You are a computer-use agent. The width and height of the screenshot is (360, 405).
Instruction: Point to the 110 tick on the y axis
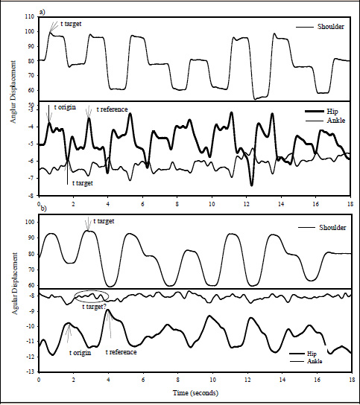[x=29, y=16]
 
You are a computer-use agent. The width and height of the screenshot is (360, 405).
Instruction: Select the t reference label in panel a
[x=109, y=109]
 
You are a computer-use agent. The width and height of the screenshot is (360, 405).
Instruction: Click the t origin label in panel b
[x=80, y=352]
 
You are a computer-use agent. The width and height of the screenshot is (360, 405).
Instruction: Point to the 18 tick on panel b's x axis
[x=350, y=379]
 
